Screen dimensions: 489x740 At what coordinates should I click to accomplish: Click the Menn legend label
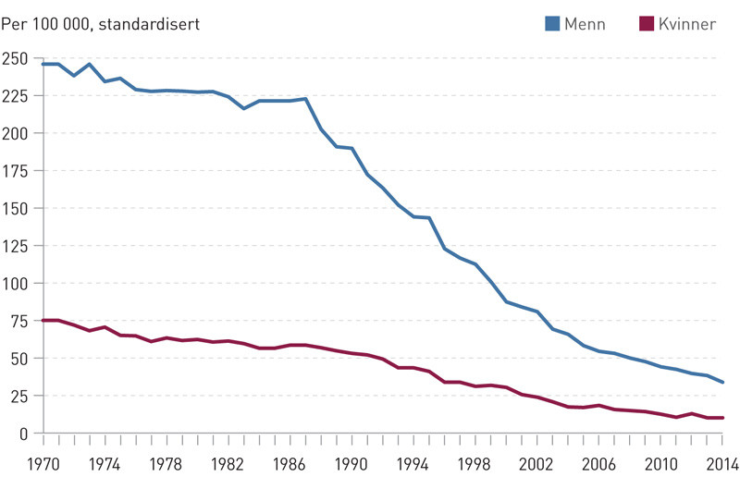coord(586,24)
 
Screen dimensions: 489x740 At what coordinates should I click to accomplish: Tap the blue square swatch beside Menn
coord(553,24)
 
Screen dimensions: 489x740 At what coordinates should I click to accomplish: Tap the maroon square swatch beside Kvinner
coord(646,24)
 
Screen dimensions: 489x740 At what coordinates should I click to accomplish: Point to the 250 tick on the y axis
coord(16,57)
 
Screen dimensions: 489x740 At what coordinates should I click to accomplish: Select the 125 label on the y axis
coord(16,245)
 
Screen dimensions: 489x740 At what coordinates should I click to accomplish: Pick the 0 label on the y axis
coord(23,433)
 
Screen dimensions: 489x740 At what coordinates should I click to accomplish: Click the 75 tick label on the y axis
coord(18,320)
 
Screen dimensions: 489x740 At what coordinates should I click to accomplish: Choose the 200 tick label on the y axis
coord(16,132)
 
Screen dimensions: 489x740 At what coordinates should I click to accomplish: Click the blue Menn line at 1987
coord(306,99)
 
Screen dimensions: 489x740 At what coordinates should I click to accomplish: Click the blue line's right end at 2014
coord(723,382)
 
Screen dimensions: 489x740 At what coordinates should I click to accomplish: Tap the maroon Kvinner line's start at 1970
coord(43,320)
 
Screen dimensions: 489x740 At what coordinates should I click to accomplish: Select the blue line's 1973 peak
coord(90,64)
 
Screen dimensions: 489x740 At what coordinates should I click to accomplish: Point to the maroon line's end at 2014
coord(723,418)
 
